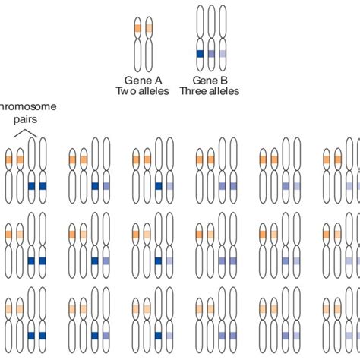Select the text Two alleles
point(144,91)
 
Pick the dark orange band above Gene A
point(137,29)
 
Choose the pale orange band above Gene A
point(150,29)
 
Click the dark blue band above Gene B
point(201,54)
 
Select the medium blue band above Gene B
point(211,54)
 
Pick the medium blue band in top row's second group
point(106,186)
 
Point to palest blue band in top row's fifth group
point(297,186)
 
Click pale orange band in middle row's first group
point(21,235)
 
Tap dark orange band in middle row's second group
point(72,235)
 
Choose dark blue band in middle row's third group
point(159,261)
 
